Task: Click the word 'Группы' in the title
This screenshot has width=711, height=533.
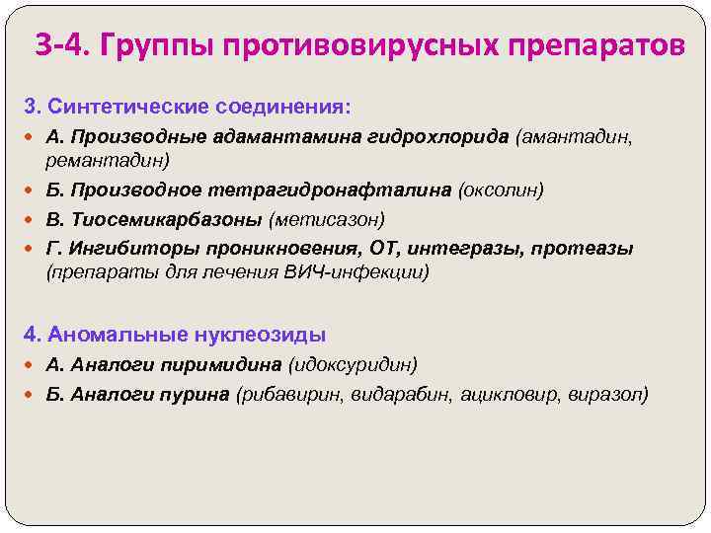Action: pyautogui.click(x=155, y=45)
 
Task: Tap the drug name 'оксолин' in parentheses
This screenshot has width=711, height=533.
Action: pyautogui.click(x=498, y=189)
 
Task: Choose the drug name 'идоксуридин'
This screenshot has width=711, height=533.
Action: pyautogui.click(x=353, y=365)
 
